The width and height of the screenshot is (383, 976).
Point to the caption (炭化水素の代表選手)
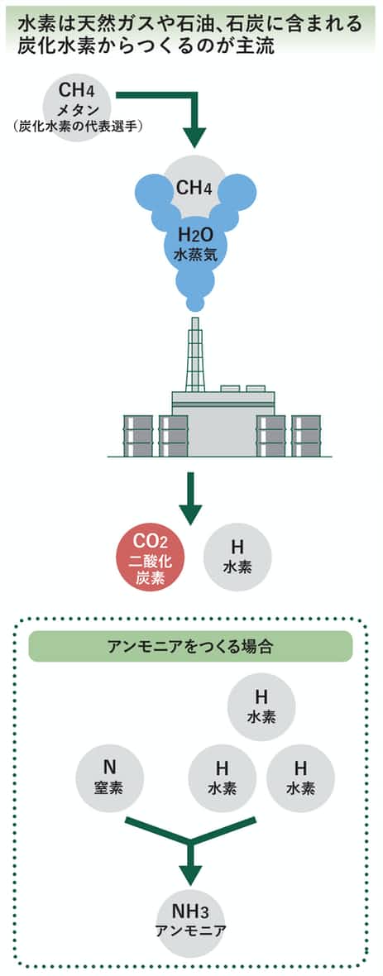pyautogui.click(x=77, y=127)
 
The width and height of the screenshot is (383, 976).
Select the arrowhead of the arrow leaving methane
pyautogui.click(x=195, y=136)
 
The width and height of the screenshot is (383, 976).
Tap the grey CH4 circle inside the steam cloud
pyautogui.click(x=194, y=185)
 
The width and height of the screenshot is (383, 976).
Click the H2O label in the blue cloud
pyautogui.click(x=195, y=236)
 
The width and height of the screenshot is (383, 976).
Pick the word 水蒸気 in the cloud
pyautogui.click(x=195, y=256)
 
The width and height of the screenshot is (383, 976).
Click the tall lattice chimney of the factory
pyautogui.click(x=195, y=356)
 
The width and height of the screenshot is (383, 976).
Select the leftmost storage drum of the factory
pyautogui.click(x=137, y=436)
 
